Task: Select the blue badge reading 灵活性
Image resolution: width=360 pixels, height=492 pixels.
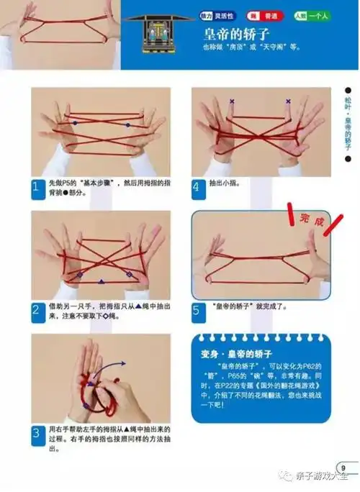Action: coord(207,14)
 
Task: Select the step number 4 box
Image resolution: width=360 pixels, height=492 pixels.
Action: coord(197,188)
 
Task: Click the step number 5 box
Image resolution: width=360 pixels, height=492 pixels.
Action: coord(197,311)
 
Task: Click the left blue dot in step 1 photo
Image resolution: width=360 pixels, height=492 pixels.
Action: coord(73,124)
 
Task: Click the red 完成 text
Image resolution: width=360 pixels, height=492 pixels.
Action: coord(307,220)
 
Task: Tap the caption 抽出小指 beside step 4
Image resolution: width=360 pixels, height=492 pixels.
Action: coord(225,183)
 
